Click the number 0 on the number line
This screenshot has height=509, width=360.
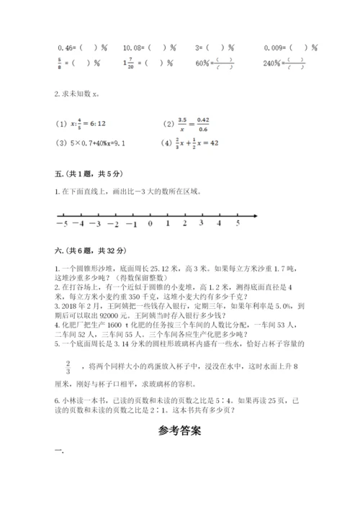pyautogui.click(x=149, y=224)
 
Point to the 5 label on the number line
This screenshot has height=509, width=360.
pyautogui.click(x=238, y=224)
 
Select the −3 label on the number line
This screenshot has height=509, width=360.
pyautogui.click(x=95, y=224)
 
